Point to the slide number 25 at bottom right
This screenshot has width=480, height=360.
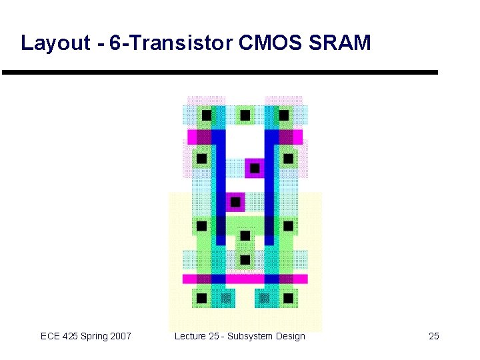(434, 336)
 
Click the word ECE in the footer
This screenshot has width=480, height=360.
(51, 336)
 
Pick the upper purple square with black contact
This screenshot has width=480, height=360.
(254, 167)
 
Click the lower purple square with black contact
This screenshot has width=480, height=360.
(235, 201)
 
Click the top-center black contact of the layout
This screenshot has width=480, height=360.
(245, 115)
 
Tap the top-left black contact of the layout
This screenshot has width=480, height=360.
(207, 115)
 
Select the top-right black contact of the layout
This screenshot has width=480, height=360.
(284, 115)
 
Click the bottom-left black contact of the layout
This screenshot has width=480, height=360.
(201, 297)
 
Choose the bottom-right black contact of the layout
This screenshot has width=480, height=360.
(289, 297)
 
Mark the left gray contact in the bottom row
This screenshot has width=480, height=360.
(226, 297)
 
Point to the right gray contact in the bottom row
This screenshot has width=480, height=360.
(264, 297)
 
